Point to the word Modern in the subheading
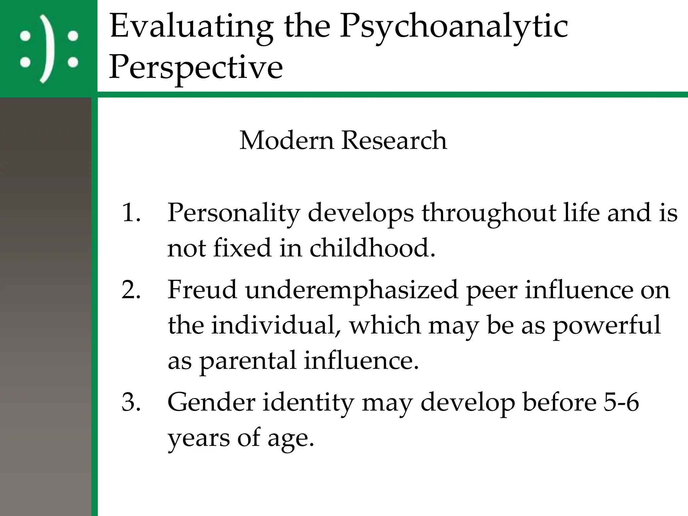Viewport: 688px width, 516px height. point(287,140)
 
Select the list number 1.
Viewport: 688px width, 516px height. point(130,213)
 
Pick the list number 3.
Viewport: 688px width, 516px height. point(130,402)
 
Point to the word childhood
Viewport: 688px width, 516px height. point(372,248)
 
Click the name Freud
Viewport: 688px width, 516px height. point(202,290)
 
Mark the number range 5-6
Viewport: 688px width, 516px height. point(621,402)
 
